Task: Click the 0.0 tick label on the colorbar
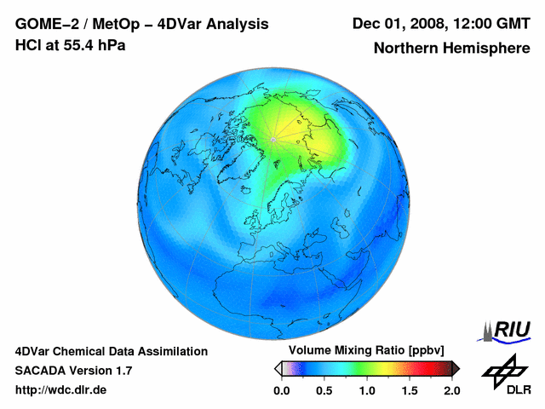pyautogui.click(x=281, y=390)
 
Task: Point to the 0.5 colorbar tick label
pyautogui.click(x=324, y=390)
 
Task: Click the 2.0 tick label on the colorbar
pyautogui.click(x=451, y=390)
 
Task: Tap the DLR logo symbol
pyautogui.click(x=504, y=368)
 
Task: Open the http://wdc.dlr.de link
pyautogui.click(x=61, y=390)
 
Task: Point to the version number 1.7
pyautogui.click(x=122, y=371)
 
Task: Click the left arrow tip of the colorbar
pyautogui.click(x=277, y=368)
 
